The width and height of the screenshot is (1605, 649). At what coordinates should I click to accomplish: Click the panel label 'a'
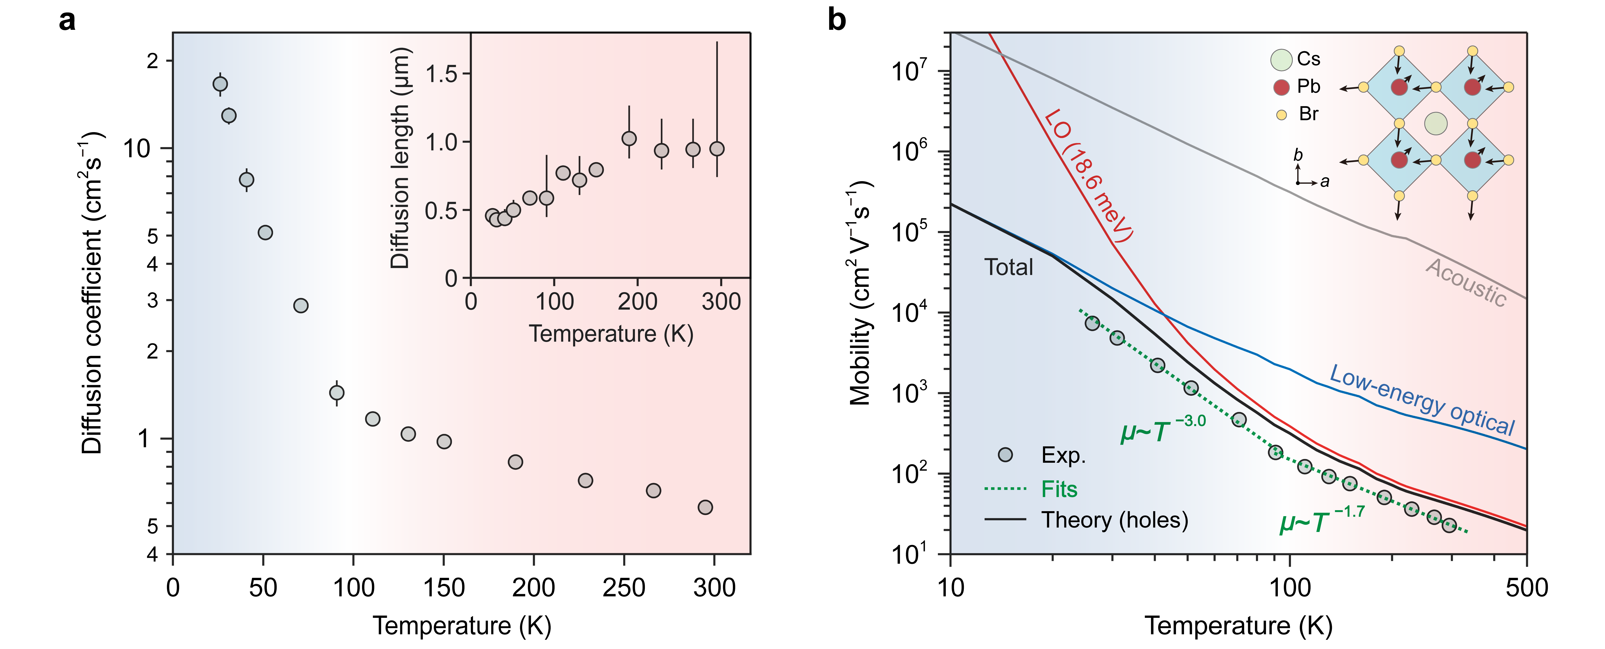(67, 21)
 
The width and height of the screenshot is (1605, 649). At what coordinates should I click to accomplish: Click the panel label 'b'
(837, 21)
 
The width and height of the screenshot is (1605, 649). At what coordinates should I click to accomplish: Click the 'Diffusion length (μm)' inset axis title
(400, 159)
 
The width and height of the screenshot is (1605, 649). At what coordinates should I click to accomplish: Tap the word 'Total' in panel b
(1008, 267)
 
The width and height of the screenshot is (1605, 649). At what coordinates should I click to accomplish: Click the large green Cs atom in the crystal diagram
(1436, 124)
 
